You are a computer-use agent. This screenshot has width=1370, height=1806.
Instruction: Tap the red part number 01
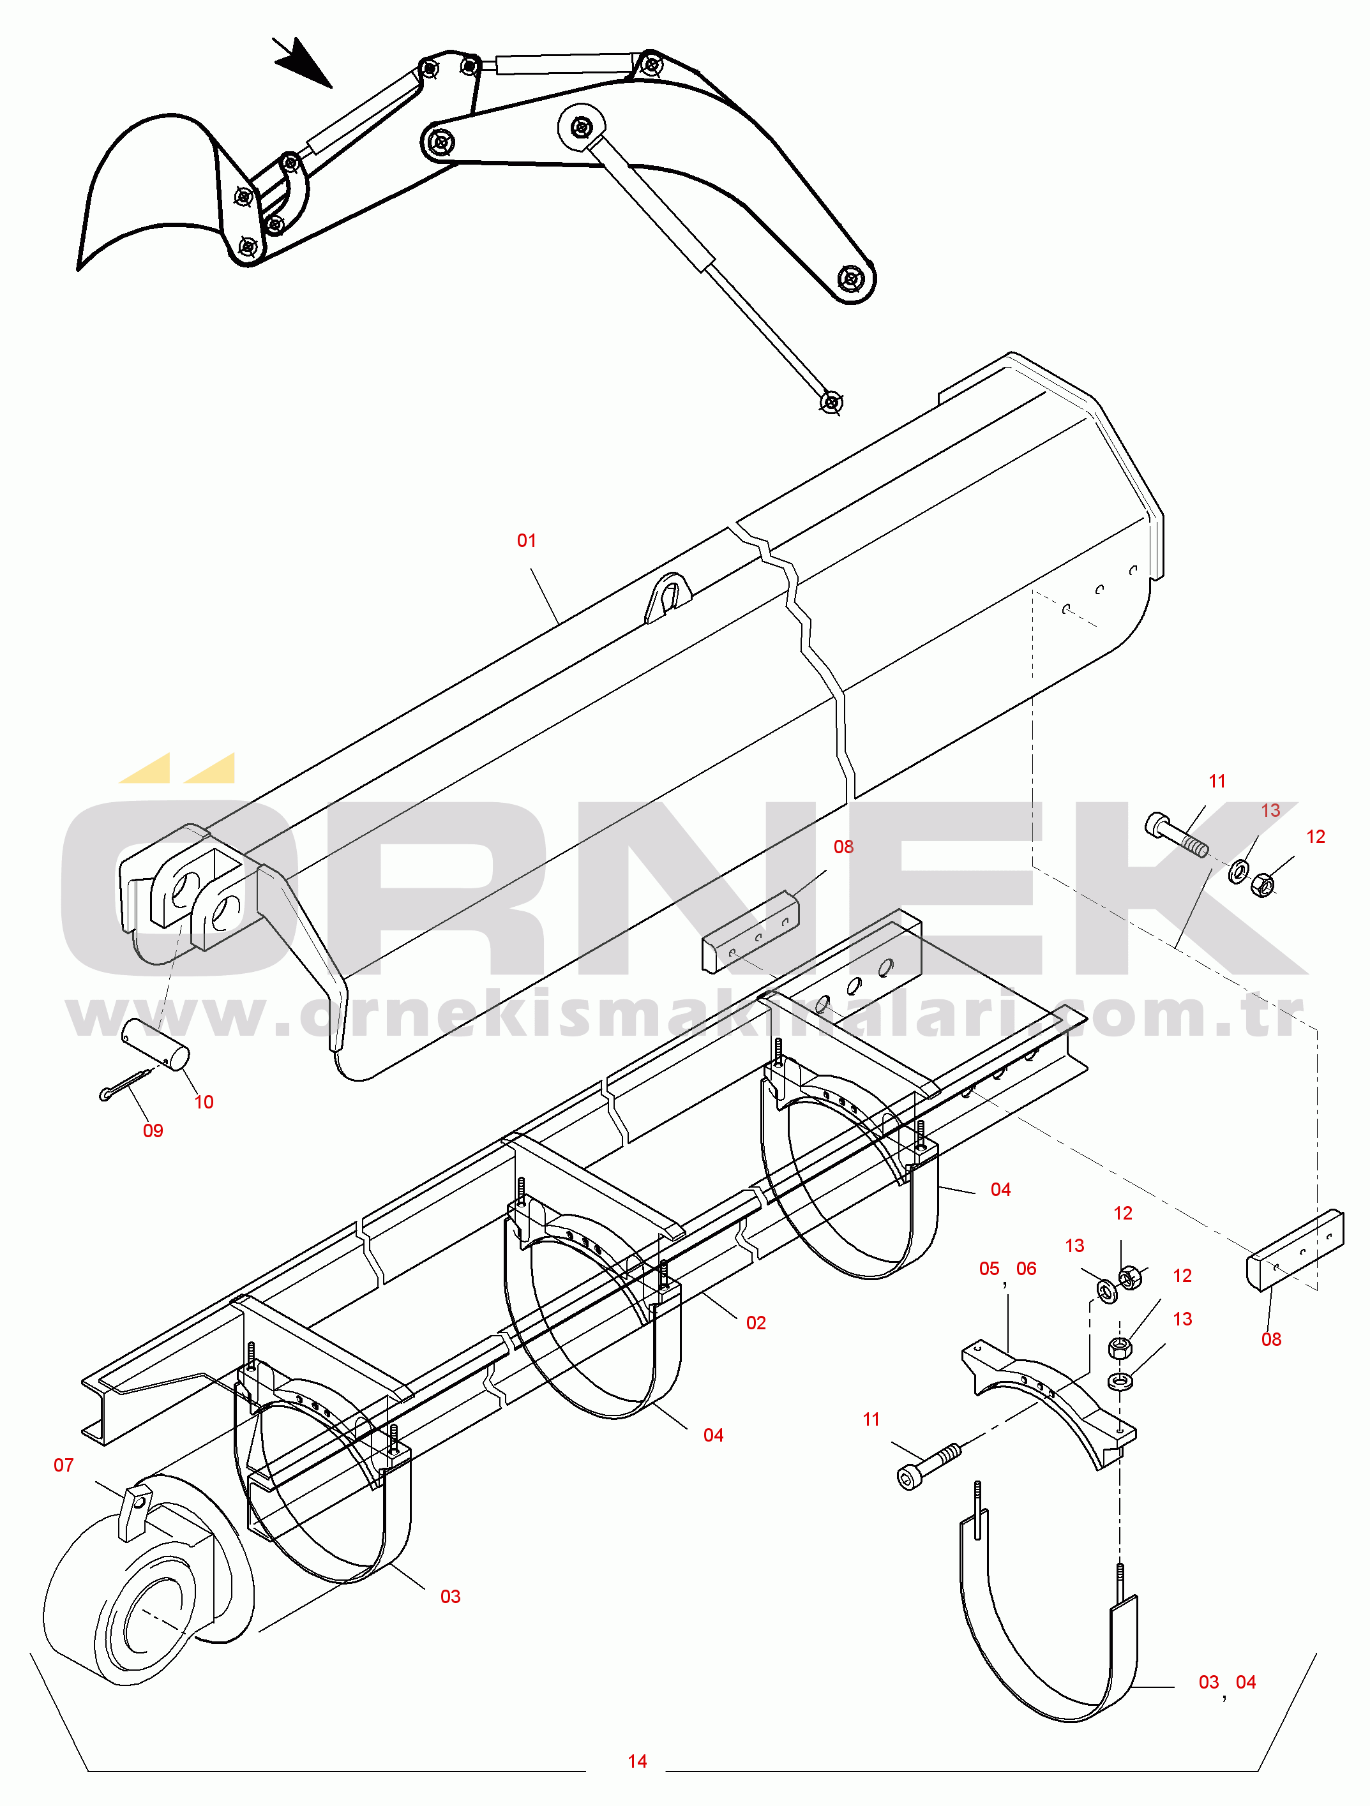click(526, 541)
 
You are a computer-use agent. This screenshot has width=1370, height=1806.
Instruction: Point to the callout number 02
click(756, 1323)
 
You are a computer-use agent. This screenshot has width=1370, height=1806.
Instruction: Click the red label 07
click(64, 1465)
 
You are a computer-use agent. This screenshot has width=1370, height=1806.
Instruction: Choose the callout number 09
click(153, 1131)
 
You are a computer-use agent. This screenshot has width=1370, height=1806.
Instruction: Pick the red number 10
click(204, 1102)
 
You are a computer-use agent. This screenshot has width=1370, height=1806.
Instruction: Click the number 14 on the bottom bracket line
click(637, 1761)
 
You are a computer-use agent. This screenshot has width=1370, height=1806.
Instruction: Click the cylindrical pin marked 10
click(155, 1043)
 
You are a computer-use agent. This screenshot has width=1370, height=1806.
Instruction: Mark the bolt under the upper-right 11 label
click(1177, 835)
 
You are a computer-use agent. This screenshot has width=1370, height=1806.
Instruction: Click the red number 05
click(988, 1269)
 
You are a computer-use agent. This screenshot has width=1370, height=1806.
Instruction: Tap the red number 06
click(1026, 1269)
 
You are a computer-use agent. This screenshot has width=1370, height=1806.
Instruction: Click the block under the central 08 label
click(750, 932)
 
